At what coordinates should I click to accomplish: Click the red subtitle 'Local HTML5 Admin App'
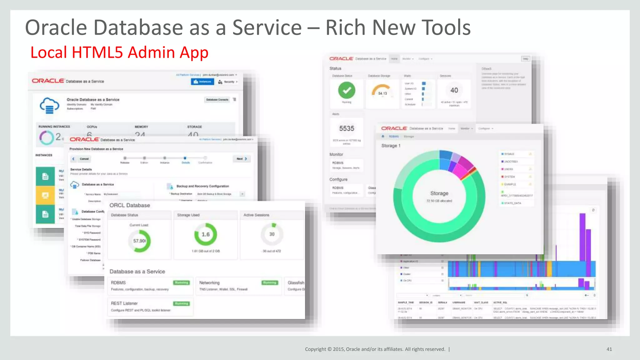[119, 52]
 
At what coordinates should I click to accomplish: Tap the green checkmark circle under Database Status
[347, 90]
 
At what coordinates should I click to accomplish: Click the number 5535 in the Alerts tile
[347, 128]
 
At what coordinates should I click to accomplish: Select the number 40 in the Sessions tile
[454, 90]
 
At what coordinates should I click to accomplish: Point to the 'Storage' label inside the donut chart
[439, 193]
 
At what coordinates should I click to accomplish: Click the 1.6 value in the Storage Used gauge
[206, 234]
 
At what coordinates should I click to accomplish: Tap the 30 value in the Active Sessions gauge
[272, 234]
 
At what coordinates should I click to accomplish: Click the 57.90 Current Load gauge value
[139, 241]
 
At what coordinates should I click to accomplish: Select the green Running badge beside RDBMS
[182, 282]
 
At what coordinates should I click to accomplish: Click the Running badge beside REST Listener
[182, 303]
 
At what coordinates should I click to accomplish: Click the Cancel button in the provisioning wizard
[84, 159]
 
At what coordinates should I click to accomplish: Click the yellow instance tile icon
[45, 195]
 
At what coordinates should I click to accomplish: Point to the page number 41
[609, 349]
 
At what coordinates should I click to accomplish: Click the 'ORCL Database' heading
[130, 205]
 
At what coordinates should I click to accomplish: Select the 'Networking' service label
[209, 283]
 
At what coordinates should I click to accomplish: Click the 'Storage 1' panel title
[391, 146]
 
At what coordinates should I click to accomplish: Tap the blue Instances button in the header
[202, 82]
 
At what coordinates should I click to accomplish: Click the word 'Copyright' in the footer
[315, 349]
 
